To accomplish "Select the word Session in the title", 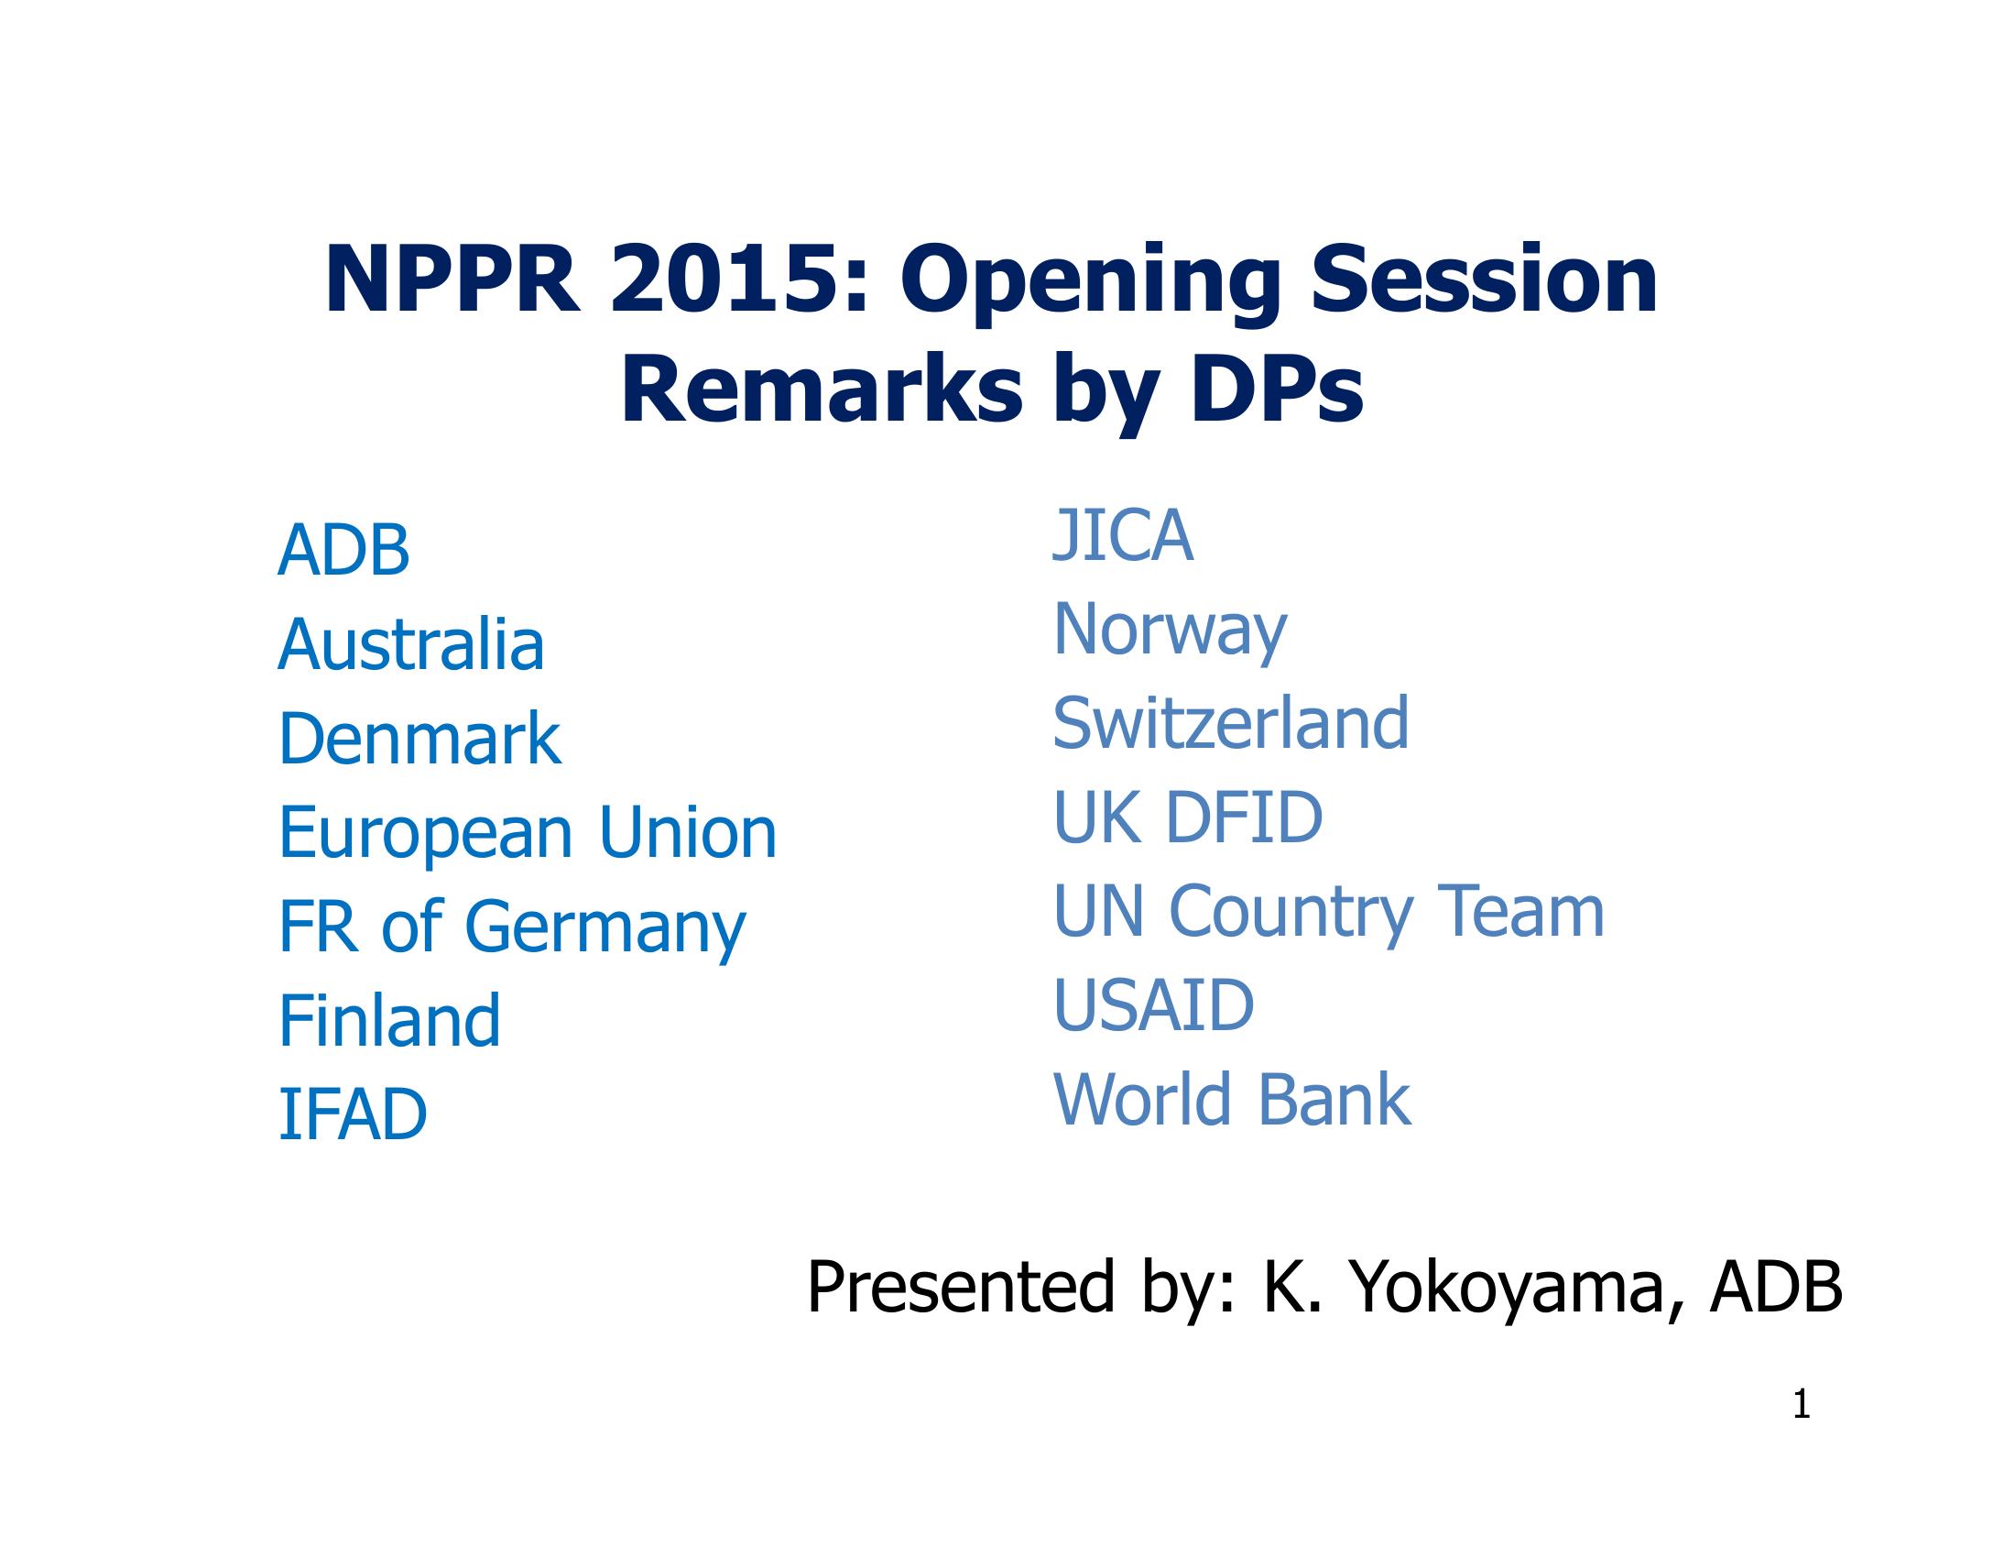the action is (x=1485, y=280).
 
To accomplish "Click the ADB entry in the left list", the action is (x=343, y=550).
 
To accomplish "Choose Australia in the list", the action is (x=411, y=643).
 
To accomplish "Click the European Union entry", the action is (x=528, y=832).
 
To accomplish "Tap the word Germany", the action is (x=604, y=927).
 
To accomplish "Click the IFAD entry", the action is (x=353, y=1114).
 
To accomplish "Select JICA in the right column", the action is (x=1123, y=535).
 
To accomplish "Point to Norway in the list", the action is (x=1170, y=631).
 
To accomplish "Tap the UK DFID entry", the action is (x=1187, y=817).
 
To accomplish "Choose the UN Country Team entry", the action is (x=1329, y=912).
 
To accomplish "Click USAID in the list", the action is (x=1153, y=1005).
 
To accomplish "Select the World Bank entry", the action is (x=1232, y=1099).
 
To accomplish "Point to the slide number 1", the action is (x=1801, y=1406).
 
